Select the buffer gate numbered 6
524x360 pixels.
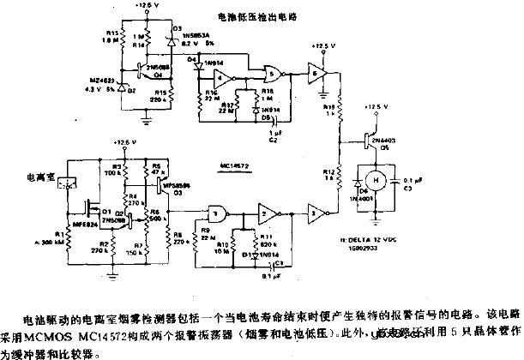point(318,74)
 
